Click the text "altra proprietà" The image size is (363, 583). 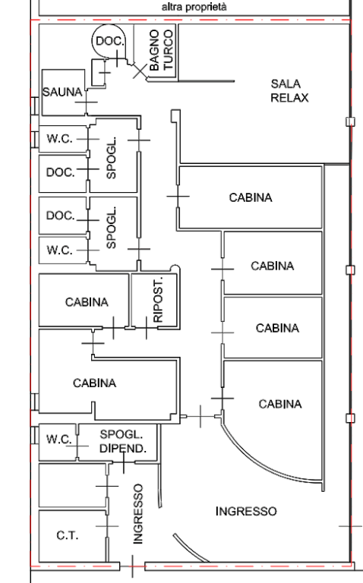pyautogui.click(x=194, y=7)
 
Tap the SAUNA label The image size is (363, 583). pyautogui.click(x=62, y=92)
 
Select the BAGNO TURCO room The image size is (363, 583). pyautogui.click(x=155, y=51)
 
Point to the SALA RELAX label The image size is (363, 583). pyautogui.click(x=289, y=91)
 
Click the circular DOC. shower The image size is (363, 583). pyautogui.click(x=109, y=41)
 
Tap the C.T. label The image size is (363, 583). pyautogui.click(x=68, y=535)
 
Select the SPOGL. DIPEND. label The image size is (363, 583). pyautogui.click(x=122, y=441)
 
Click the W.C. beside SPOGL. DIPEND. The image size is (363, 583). pyautogui.click(x=58, y=440)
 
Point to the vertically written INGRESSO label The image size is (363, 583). pyautogui.click(x=137, y=514)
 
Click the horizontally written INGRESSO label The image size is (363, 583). pyautogui.click(x=246, y=511)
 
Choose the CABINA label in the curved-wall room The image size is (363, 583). pyautogui.click(x=280, y=404)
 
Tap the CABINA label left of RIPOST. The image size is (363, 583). pyautogui.click(x=87, y=302)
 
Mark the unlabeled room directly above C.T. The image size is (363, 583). pyautogui.click(x=73, y=485)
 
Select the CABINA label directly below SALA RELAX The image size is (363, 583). pyautogui.click(x=251, y=197)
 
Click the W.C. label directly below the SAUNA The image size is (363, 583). pyautogui.click(x=59, y=139)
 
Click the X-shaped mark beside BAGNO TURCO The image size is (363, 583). pyautogui.click(x=140, y=71)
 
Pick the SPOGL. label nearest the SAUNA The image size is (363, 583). pyautogui.click(x=111, y=158)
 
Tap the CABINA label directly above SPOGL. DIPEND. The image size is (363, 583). pyautogui.click(x=94, y=383)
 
